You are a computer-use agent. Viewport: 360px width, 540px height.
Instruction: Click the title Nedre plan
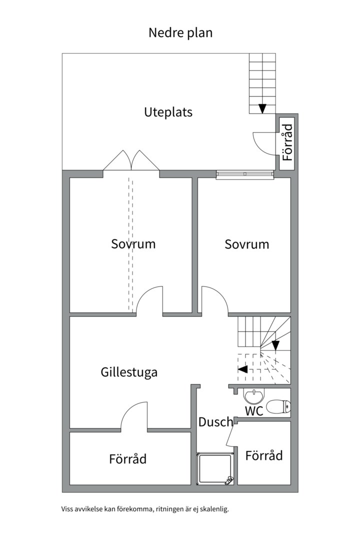180,32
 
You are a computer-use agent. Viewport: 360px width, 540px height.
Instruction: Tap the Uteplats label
168,112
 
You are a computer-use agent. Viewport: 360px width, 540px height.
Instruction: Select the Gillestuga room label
129,372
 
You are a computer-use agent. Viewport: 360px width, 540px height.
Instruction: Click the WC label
254,411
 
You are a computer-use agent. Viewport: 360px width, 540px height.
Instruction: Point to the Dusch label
215,422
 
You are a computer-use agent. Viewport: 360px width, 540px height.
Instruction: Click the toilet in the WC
278,406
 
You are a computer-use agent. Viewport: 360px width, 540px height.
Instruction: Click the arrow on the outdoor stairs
262,108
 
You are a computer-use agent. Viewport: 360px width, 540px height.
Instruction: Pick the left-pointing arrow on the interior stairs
242,369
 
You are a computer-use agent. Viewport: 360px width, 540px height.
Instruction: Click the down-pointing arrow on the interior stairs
275,345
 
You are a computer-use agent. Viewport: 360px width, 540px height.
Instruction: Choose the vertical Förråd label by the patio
287,142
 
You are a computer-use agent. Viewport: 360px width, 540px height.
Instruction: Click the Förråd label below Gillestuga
128,459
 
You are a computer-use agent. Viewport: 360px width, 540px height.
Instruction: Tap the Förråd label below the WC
264,455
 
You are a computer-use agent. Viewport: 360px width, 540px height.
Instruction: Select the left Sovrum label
133,244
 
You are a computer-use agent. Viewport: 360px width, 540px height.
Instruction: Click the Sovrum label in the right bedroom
246,244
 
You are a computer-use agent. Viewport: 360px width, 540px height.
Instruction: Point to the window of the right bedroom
245,175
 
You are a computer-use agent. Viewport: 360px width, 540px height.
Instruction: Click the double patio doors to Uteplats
131,160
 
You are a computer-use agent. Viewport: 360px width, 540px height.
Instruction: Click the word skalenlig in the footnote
215,509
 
